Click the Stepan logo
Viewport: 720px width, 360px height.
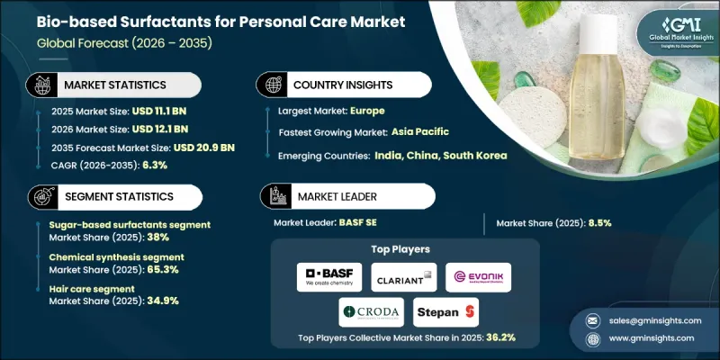pos(446,312)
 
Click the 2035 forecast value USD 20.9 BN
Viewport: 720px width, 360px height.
pos(193,147)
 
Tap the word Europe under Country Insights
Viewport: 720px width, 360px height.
pos(368,111)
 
